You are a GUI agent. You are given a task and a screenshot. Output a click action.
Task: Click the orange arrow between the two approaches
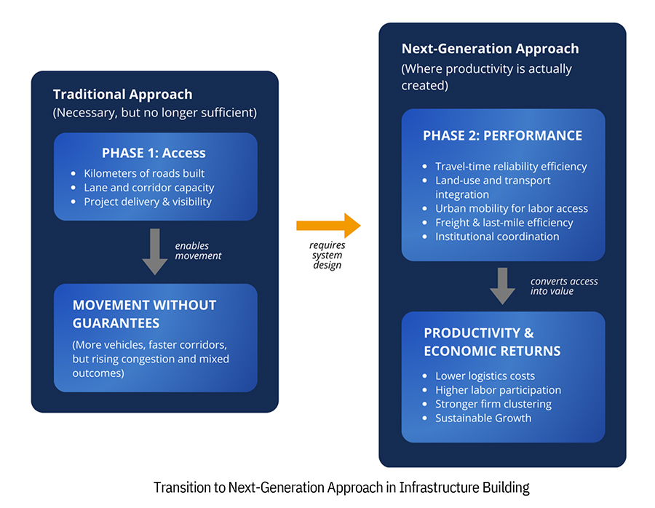pyautogui.click(x=327, y=226)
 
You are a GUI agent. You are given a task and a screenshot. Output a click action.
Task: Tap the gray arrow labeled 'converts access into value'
pyautogui.click(x=502, y=286)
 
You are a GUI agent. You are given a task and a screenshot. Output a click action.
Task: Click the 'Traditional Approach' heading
pyautogui.click(x=122, y=95)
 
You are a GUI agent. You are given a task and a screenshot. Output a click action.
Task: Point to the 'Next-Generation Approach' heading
pyautogui.click(x=490, y=49)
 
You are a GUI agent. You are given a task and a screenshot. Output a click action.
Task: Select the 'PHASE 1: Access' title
pyautogui.click(x=154, y=153)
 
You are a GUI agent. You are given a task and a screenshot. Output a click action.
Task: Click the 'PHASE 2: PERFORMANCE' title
pyautogui.click(x=502, y=135)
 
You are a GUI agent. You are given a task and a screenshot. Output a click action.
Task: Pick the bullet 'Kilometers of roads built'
pyautogui.click(x=144, y=173)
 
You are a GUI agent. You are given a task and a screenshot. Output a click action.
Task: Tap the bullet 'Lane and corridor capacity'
pyautogui.click(x=148, y=187)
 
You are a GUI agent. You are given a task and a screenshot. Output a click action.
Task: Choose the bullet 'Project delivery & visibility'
pyautogui.click(x=148, y=201)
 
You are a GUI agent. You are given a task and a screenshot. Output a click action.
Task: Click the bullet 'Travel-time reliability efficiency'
pyautogui.click(x=511, y=166)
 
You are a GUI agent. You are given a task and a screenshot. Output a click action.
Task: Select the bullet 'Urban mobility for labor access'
pyautogui.click(x=511, y=208)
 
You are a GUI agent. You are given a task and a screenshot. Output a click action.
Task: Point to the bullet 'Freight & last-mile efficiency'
pyautogui.click(x=504, y=223)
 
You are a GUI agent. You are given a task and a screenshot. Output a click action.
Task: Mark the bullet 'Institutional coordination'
pyautogui.click(x=497, y=237)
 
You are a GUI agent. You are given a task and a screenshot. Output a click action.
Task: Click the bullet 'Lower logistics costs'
pyautogui.click(x=485, y=376)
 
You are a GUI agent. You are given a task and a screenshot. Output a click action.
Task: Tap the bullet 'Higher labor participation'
pyautogui.click(x=498, y=390)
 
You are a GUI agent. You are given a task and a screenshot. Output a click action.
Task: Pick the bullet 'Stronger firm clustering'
pyautogui.click(x=493, y=404)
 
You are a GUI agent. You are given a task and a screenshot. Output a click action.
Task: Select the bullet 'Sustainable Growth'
pyautogui.click(x=483, y=418)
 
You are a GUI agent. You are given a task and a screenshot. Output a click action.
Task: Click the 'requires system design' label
pyautogui.click(x=327, y=255)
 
